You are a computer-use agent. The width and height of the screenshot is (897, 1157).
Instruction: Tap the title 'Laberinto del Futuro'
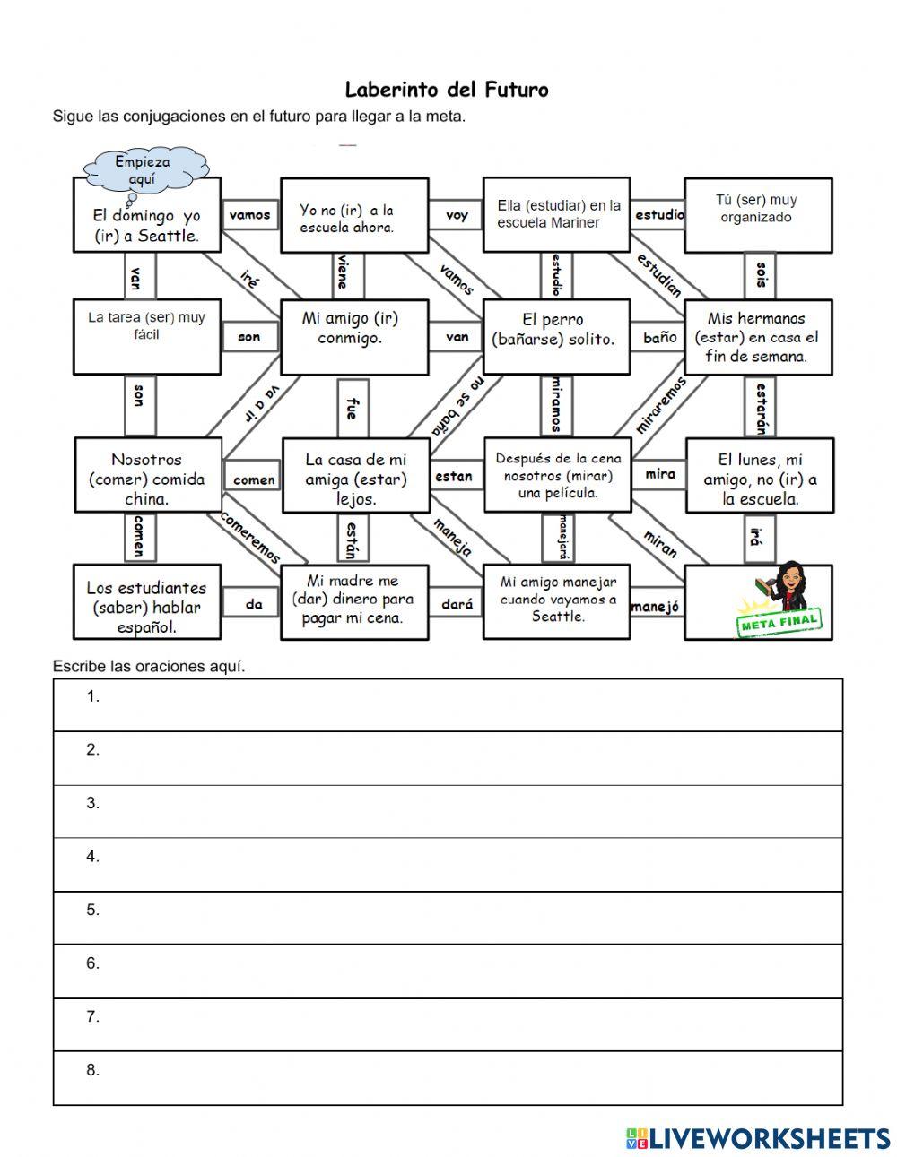(x=446, y=90)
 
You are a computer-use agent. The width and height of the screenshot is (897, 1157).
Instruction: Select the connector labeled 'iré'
(x=250, y=280)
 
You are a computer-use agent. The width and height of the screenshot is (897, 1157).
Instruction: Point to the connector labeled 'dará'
(x=456, y=604)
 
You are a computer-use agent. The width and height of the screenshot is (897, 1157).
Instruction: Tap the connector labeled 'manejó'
(x=657, y=607)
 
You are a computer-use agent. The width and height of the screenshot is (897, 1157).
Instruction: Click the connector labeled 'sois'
(x=761, y=274)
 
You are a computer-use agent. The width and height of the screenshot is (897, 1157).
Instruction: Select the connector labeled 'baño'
(x=659, y=337)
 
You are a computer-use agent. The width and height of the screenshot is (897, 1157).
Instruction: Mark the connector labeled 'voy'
(x=456, y=215)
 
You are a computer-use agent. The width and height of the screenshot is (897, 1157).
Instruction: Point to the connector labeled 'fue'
(x=351, y=407)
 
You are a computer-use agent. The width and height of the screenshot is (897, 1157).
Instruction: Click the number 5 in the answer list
(x=92, y=910)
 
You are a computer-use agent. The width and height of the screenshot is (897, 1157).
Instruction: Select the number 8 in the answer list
(x=92, y=1070)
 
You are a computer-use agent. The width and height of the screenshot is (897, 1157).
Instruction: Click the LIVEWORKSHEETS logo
(x=759, y=1138)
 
